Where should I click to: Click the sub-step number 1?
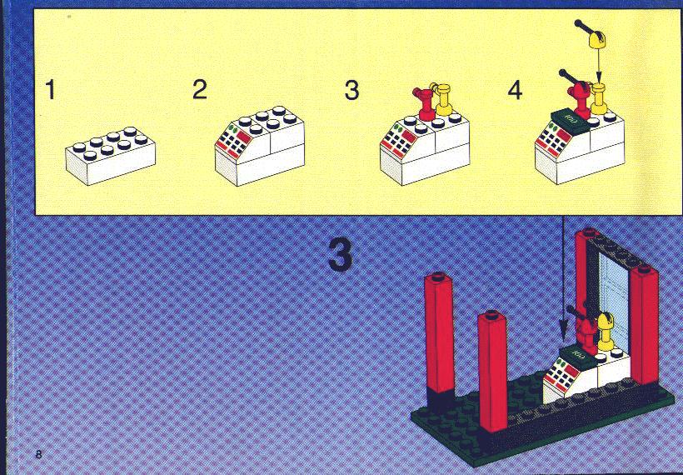point(51,90)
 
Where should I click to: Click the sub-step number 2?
point(200,89)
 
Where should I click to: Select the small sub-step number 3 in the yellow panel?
point(351,90)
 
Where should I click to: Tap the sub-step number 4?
point(515,91)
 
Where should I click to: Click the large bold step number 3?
point(340,255)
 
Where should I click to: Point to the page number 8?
point(39,454)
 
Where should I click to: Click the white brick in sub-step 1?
point(111,156)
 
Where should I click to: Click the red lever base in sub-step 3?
point(424,103)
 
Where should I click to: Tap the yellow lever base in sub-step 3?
point(443,100)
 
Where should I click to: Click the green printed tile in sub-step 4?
point(571,118)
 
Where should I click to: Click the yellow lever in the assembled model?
point(606,331)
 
